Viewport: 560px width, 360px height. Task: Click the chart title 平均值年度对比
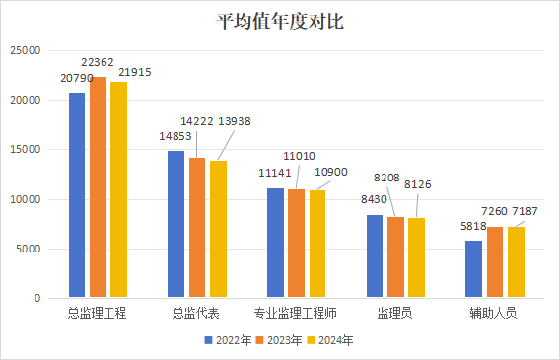(x=280, y=21)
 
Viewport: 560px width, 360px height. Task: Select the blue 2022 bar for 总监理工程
(x=77, y=195)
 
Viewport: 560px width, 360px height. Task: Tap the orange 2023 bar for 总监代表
(x=197, y=227)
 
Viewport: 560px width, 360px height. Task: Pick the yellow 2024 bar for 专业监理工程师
(x=317, y=244)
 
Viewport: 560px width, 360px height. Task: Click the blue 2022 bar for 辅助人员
(x=473, y=269)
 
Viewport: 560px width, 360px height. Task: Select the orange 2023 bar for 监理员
(x=395, y=257)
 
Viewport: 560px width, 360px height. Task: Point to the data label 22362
(x=98, y=62)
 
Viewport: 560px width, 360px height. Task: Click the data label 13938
(x=235, y=121)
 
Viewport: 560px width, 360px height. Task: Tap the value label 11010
(x=300, y=156)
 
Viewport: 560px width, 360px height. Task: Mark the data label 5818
(x=473, y=226)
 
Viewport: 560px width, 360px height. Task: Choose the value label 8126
(x=417, y=184)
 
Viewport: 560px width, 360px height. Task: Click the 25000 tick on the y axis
(x=26, y=50)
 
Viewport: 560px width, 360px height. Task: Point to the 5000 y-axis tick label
(x=29, y=249)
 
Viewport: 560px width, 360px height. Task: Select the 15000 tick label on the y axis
(x=26, y=150)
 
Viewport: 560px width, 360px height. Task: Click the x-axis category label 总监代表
(x=196, y=313)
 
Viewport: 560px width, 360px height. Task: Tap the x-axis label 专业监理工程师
(x=296, y=313)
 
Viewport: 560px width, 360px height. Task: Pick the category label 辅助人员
(x=493, y=313)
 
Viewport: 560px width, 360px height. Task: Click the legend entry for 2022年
(x=228, y=340)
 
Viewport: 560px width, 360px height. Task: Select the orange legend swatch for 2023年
(x=259, y=340)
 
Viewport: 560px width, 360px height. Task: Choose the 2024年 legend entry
(x=330, y=340)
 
